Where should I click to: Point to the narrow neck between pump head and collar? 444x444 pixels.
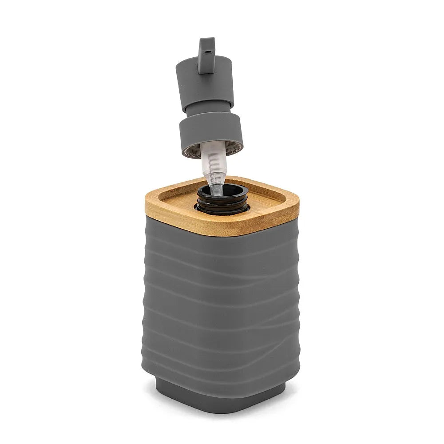205,109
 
